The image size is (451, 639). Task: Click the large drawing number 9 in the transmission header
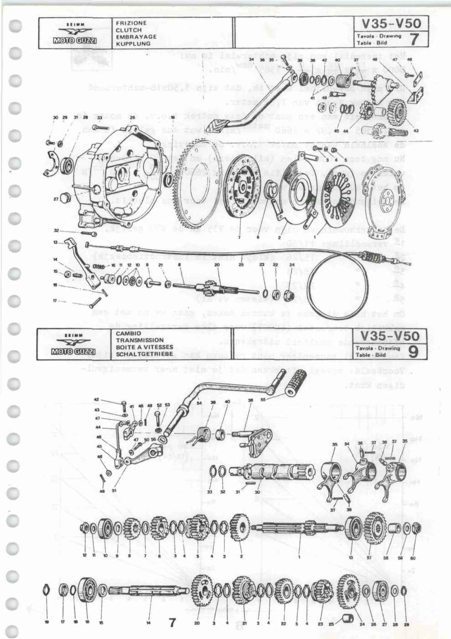413,351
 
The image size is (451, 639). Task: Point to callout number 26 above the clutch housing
132,118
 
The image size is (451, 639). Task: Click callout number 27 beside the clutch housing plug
56,199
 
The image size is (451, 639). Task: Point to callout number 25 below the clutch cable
241,264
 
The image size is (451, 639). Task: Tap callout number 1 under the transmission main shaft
300,556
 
